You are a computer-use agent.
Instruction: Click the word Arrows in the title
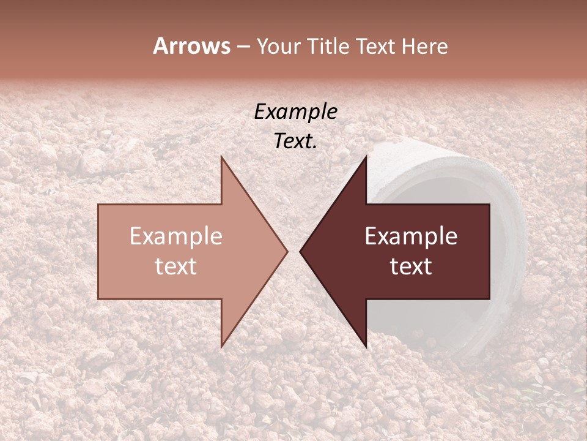pyautogui.click(x=191, y=46)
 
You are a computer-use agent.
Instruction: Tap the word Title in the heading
pyautogui.click(x=329, y=47)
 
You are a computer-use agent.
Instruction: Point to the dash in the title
pyautogui.click(x=243, y=47)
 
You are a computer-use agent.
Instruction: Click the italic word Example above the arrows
pyautogui.click(x=295, y=111)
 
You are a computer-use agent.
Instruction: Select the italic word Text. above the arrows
pyautogui.click(x=295, y=141)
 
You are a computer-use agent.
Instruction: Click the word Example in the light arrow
pyautogui.click(x=175, y=236)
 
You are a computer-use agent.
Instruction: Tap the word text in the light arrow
pyautogui.click(x=175, y=266)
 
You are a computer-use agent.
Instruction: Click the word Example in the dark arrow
pyautogui.click(x=411, y=236)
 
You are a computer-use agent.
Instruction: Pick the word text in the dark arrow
pyautogui.click(x=411, y=266)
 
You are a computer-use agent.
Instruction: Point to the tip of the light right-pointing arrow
pyautogui.click(x=287, y=251)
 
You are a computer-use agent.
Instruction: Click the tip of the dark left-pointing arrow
pyautogui.click(x=300, y=251)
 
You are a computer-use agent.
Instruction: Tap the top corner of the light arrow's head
pyautogui.click(x=221, y=157)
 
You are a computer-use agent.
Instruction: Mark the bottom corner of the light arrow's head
pyautogui.click(x=221, y=347)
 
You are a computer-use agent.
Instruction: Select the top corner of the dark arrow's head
pyautogui.click(x=366, y=157)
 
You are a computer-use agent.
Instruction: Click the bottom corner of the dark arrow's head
pyautogui.click(x=366, y=347)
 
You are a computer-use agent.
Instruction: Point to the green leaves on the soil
pyautogui.click(x=538, y=392)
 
